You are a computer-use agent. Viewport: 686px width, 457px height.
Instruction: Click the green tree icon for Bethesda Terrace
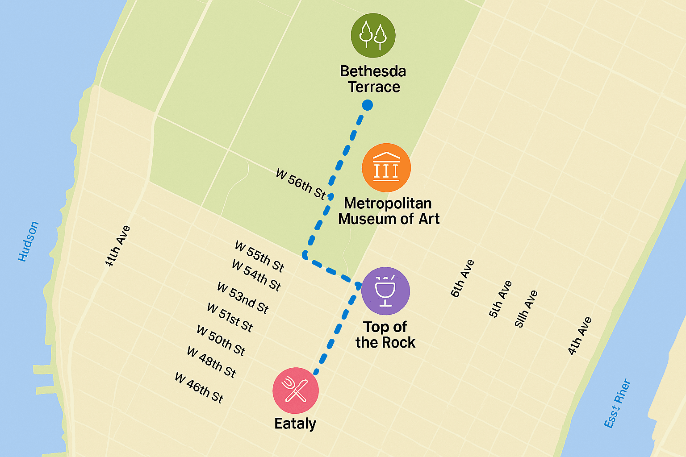[373, 35]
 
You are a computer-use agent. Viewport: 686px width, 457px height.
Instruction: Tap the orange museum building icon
[386, 167]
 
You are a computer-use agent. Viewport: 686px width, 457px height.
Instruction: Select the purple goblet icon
[385, 291]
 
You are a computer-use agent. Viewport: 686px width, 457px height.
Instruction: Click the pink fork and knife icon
[295, 391]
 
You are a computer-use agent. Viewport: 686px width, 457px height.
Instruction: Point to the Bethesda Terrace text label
[373, 79]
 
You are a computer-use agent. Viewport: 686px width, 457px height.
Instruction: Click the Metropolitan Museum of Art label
[389, 211]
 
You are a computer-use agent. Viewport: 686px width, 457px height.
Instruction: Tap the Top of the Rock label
[385, 335]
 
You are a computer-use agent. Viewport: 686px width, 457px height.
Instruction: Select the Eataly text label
[295, 423]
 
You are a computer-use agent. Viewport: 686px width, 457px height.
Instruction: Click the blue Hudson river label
[29, 241]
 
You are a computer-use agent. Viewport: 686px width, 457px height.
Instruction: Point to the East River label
[617, 403]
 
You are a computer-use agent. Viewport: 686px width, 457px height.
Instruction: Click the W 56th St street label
[301, 184]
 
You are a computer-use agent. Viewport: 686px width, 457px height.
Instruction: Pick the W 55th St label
[259, 257]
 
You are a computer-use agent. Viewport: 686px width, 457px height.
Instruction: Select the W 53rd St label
[243, 298]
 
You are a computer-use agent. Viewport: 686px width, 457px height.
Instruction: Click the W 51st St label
[230, 318]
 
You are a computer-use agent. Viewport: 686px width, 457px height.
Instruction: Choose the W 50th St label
[221, 341]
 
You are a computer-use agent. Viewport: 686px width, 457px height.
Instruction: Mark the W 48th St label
[211, 362]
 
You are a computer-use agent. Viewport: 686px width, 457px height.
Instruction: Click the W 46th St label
[199, 387]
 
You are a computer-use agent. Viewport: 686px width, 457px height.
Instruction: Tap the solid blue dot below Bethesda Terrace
[367, 105]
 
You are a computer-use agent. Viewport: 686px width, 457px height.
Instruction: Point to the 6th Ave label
[462, 278]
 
